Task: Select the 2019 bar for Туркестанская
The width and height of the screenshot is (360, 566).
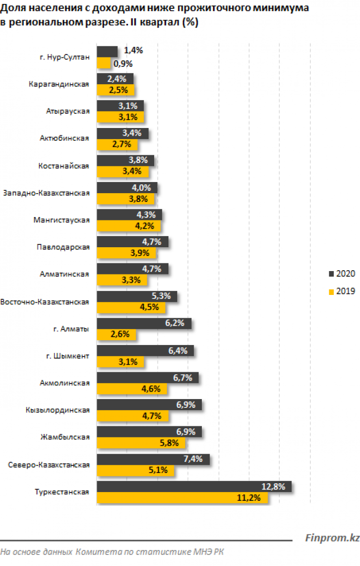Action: (182, 498)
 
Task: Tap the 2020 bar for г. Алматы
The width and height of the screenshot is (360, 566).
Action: (144, 324)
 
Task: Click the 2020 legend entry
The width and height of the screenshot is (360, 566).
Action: (342, 274)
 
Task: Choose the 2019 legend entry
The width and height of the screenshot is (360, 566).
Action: (342, 291)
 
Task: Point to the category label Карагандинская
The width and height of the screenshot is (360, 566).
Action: (59, 84)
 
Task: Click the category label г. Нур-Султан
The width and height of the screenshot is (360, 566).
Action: (65, 57)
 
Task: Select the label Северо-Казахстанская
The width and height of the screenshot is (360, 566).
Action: (49, 465)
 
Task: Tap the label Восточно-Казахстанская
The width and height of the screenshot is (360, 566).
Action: (45, 302)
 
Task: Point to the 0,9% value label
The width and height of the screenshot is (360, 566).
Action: (123, 63)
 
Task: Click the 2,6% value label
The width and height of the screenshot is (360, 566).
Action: (124, 335)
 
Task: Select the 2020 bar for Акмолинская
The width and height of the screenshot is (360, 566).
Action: (147, 378)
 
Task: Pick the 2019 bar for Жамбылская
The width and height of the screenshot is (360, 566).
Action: (141, 443)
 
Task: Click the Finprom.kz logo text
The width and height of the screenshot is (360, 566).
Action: (332, 538)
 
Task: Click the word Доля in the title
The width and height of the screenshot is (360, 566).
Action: (11, 9)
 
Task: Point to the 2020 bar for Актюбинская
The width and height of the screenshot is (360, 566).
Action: (123, 133)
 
